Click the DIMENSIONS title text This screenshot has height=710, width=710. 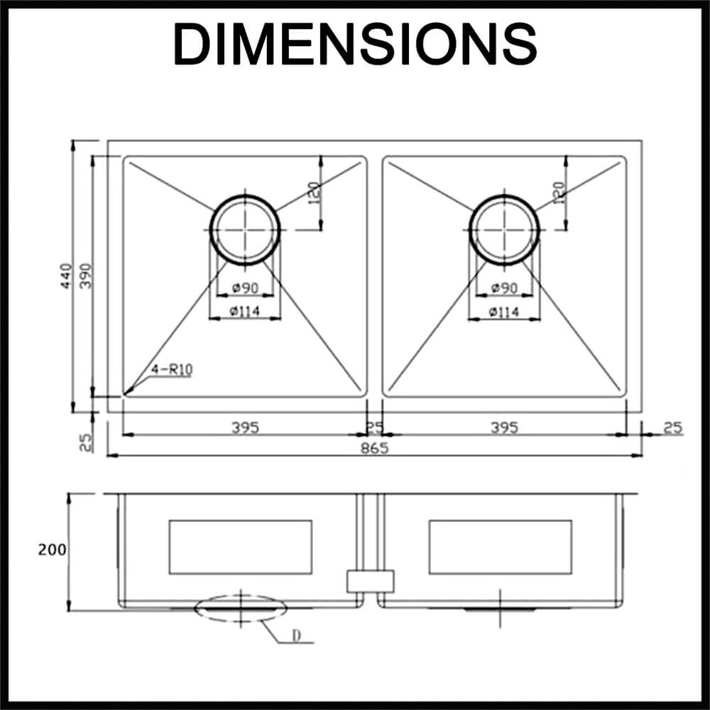(x=355, y=44)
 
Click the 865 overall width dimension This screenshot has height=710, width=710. (x=374, y=448)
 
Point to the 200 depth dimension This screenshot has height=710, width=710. (x=53, y=550)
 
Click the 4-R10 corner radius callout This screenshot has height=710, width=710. (x=172, y=369)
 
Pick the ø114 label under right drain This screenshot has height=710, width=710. (x=504, y=312)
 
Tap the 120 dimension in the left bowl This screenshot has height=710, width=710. (x=315, y=191)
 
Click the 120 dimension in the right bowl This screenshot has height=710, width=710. (x=558, y=191)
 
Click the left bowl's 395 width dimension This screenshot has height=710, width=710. (x=245, y=427)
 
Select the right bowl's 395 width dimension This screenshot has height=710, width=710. (x=504, y=427)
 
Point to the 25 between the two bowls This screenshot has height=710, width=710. (x=374, y=427)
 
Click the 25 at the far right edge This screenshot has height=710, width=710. (x=672, y=427)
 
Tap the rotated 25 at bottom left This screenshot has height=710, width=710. (x=86, y=442)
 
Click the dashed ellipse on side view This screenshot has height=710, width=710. (x=241, y=609)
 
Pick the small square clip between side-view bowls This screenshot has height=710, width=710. (x=369, y=581)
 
